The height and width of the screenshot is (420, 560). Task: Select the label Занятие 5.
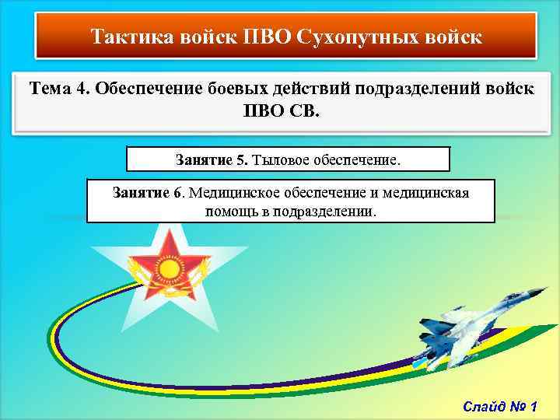click(x=212, y=160)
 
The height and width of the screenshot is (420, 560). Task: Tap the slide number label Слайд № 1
click(x=505, y=406)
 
